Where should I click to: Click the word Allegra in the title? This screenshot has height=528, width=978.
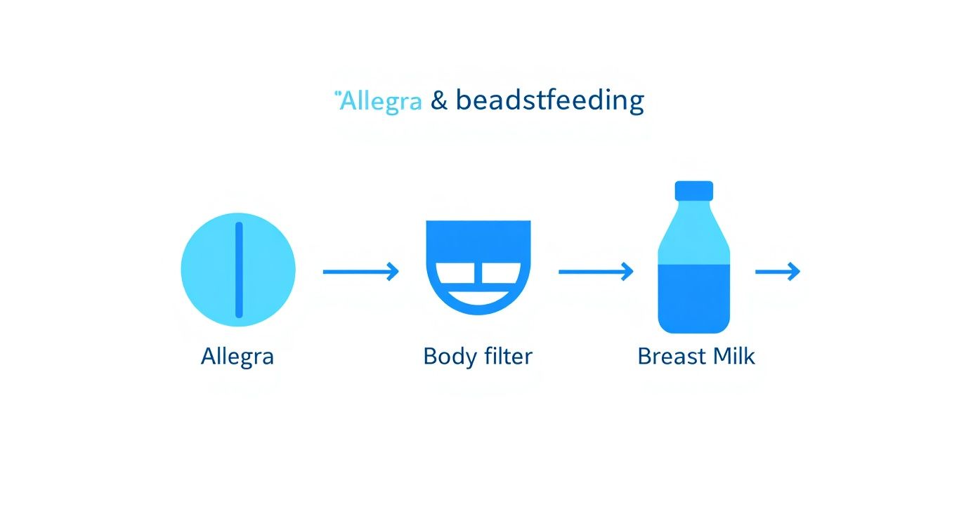(x=382, y=101)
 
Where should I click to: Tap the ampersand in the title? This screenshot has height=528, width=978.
(x=438, y=101)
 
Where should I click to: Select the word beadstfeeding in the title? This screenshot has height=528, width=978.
(x=549, y=101)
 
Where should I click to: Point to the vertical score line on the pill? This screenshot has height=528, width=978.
(x=239, y=270)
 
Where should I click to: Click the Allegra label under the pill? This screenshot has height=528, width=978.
(x=237, y=357)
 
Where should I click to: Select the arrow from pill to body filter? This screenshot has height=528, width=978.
(x=360, y=271)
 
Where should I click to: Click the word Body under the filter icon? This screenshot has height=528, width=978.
(x=450, y=357)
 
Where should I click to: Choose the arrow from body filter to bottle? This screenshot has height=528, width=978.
(x=596, y=271)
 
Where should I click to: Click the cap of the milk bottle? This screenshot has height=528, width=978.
(x=694, y=190)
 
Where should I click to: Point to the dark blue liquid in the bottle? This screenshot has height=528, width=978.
(x=694, y=298)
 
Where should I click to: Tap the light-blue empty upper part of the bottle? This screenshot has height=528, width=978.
(x=694, y=235)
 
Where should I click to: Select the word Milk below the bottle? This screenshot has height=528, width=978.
(x=733, y=357)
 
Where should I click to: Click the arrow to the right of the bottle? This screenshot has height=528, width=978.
(x=778, y=271)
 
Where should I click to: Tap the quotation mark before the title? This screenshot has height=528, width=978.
(x=337, y=93)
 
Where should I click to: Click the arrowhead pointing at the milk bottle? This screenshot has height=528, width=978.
(x=627, y=271)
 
